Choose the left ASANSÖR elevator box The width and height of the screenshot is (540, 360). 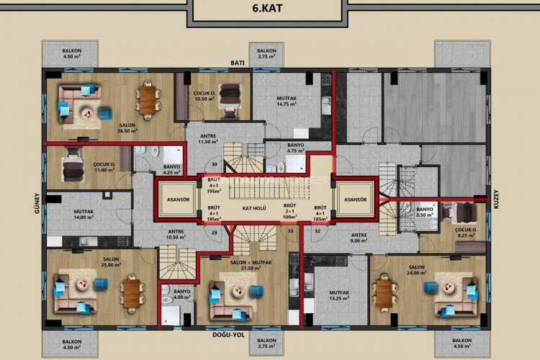pyautogui.click(x=176, y=199)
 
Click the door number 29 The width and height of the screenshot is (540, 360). pyautogui.click(x=215, y=233)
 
